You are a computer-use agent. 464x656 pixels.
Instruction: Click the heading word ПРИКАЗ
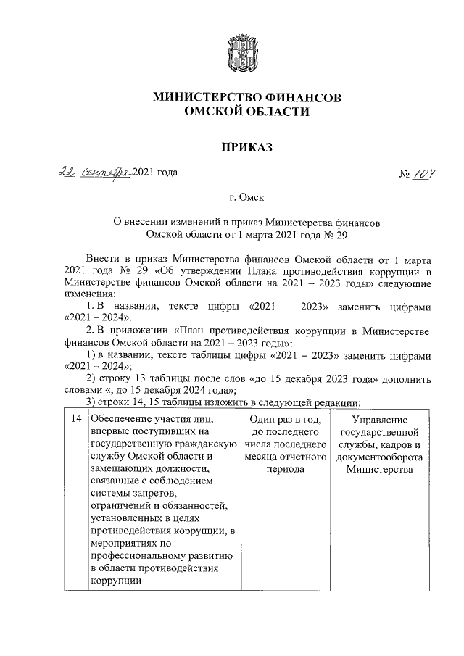click(247, 147)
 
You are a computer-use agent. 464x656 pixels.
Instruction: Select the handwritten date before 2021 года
click(94, 172)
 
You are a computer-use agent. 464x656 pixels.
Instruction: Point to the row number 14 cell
click(96, 420)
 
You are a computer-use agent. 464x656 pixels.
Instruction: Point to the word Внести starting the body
click(103, 258)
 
